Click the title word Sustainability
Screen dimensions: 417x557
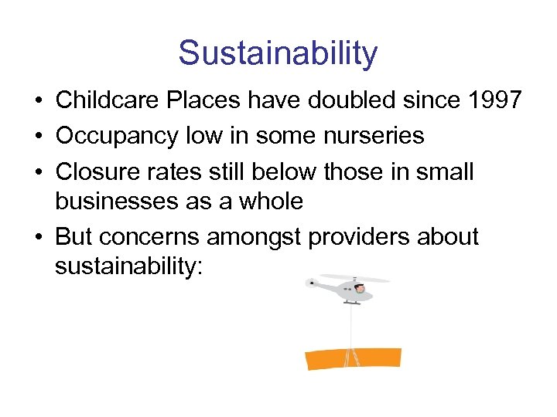pyautogui.click(x=278, y=53)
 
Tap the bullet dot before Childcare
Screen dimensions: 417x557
pyautogui.click(x=39, y=101)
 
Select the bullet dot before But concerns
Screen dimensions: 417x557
pyautogui.click(x=39, y=236)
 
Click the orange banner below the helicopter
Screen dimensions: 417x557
pyautogui.click(x=354, y=359)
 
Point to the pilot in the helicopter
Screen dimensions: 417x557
pyautogui.click(x=361, y=290)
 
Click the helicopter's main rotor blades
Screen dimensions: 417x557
pyautogui.click(x=356, y=278)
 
